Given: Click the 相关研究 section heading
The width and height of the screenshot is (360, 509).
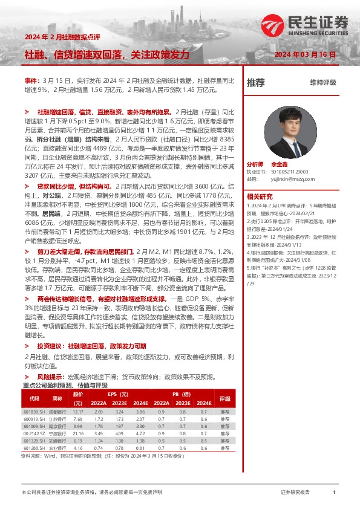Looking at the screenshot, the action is (x=261, y=196).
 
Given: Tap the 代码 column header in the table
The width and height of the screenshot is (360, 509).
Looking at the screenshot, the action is (x=34, y=398).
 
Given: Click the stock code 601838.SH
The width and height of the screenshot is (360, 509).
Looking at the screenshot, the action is (x=34, y=412).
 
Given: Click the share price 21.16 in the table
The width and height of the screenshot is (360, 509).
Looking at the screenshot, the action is (x=77, y=433).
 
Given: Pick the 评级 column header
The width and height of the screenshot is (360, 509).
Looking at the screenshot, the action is (x=225, y=398).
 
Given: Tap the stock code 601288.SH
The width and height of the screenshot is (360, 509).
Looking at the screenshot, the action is (x=34, y=448).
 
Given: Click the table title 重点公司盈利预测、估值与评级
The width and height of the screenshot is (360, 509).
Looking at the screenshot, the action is (x=65, y=385).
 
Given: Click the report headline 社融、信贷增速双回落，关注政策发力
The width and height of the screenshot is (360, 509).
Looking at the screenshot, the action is (x=107, y=55).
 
